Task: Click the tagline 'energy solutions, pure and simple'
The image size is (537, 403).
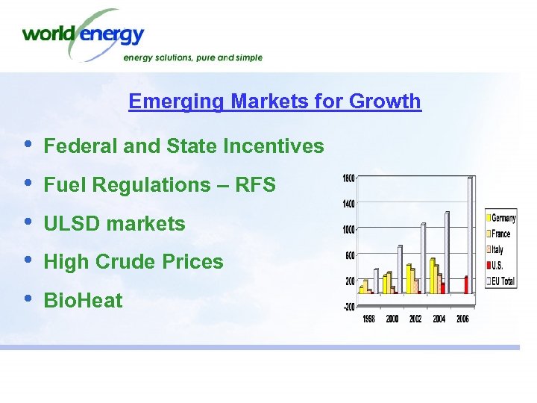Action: click(x=192, y=57)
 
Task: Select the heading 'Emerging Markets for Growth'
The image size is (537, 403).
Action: click(x=274, y=101)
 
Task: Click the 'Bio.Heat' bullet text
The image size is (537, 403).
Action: click(x=84, y=301)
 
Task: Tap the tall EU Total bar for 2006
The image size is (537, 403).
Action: click(x=470, y=235)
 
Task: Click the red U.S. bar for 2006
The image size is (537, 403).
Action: click(x=466, y=284)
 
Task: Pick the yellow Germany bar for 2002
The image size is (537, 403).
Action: click(x=409, y=278)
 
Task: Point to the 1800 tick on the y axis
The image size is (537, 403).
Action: click(x=348, y=178)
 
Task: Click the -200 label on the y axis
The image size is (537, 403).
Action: click(x=348, y=307)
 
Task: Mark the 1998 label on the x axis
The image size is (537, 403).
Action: click(x=369, y=319)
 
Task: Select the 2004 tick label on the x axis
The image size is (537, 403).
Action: click(x=439, y=319)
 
